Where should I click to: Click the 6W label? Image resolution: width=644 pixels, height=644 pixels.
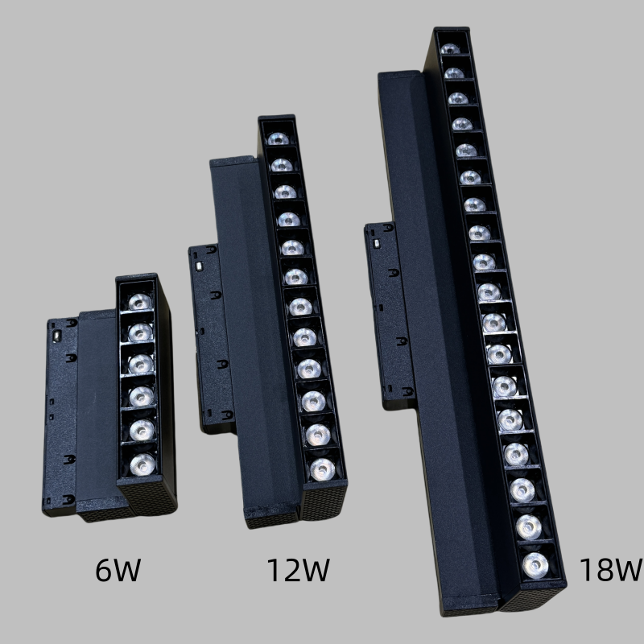click(118, 570)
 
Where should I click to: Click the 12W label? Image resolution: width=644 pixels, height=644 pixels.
click(298, 570)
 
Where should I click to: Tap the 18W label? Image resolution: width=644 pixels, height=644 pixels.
click(609, 570)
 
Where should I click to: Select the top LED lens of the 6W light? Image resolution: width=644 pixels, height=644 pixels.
click(140, 302)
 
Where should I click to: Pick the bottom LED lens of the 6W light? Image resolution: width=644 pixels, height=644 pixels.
click(142, 464)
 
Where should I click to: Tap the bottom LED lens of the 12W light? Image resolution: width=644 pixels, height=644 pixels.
click(320, 468)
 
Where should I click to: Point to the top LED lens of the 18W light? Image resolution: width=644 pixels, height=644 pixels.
click(451, 48)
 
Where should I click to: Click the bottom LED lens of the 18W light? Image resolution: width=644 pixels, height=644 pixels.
click(532, 564)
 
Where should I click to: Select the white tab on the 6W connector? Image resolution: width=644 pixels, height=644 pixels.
click(56, 331)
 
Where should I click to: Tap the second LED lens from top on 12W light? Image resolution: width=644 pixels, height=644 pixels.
click(280, 165)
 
